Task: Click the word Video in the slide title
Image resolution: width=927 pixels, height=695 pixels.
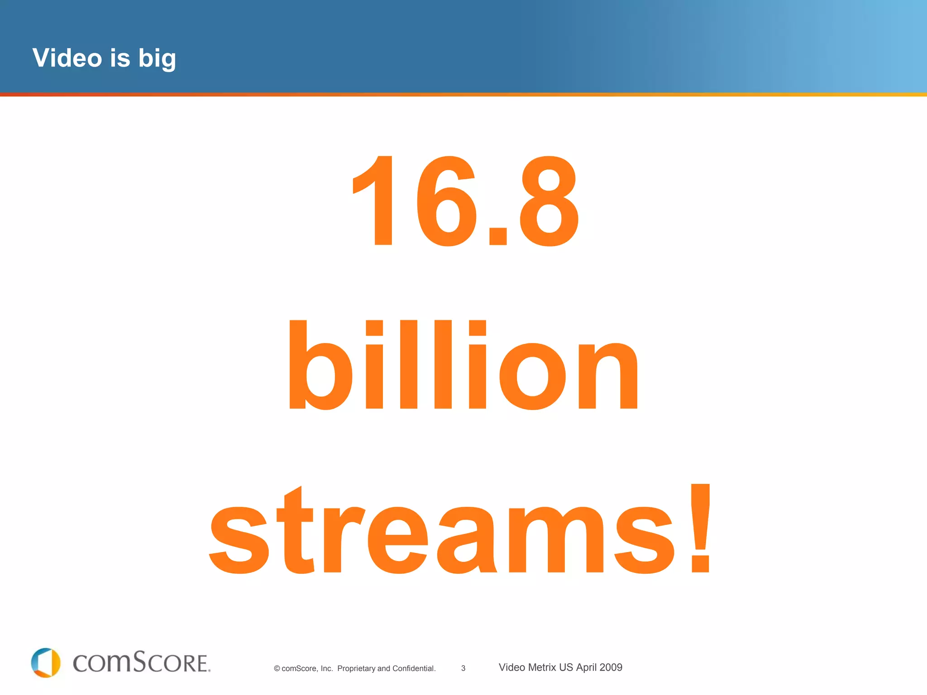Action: pyautogui.click(x=67, y=58)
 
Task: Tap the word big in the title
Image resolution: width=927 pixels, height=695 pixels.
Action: pyautogui.click(x=157, y=59)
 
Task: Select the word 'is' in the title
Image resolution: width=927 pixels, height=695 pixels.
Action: pyautogui.click(x=120, y=58)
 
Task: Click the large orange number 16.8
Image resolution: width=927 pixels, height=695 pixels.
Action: pyautogui.click(x=465, y=200)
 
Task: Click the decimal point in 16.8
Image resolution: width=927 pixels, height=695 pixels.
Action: pyautogui.click(x=498, y=235)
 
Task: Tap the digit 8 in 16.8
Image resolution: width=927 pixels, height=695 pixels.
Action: pyautogui.click(x=549, y=200)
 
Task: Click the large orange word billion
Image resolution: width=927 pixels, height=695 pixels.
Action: pyautogui.click(x=463, y=364)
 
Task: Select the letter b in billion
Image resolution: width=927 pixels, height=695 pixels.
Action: pyautogui.click(x=320, y=364)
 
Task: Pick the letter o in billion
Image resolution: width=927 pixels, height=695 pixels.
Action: pyautogui.click(x=532, y=376)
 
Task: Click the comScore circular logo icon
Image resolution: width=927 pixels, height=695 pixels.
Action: pyautogui.click(x=46, y=662)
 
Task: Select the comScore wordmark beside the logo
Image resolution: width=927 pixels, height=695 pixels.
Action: pyautogui.click(x=142, y=662)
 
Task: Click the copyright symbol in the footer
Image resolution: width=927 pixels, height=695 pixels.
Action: pyautogui.click(x=277, y=669)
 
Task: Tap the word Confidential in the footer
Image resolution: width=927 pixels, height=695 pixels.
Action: pyautogui.click(x=414, y=668)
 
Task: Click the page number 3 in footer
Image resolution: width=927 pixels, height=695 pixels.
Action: pyautogui.click(x=463, y=668)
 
